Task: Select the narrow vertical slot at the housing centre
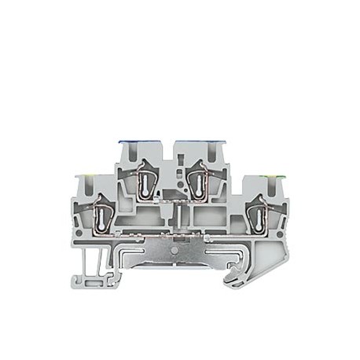(x=179, y=216)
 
